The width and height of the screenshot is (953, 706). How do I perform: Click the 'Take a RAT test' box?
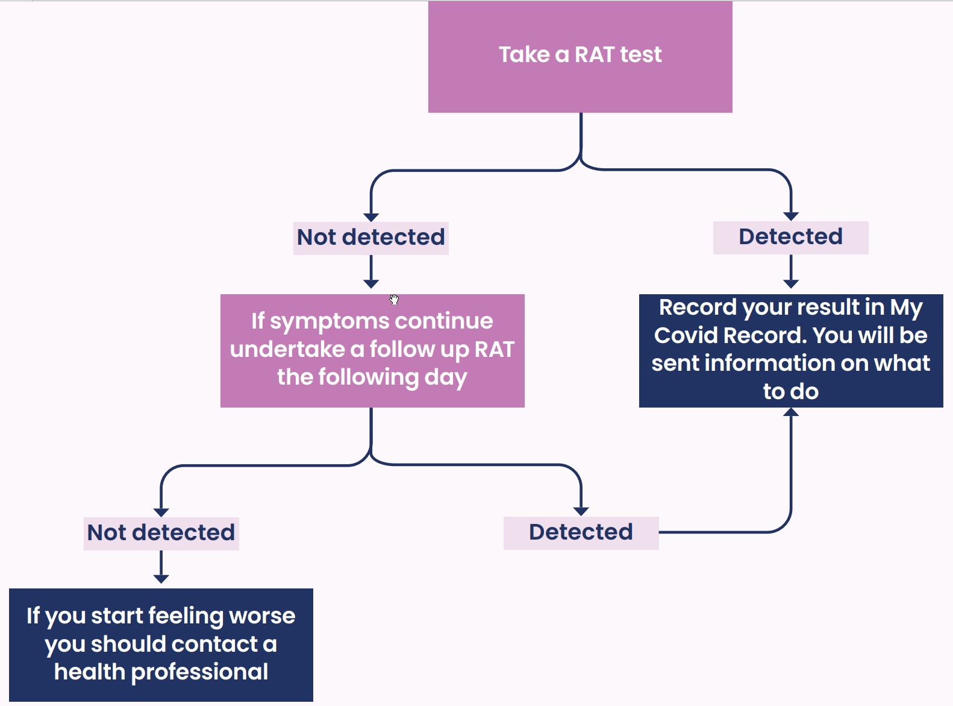(x=580, y=57)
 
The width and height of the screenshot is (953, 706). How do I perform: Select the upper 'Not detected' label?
(x=371, y=238)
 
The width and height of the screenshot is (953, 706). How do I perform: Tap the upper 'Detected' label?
(x=790, y=237)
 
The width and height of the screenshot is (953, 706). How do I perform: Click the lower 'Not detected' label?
(x=161, y=533)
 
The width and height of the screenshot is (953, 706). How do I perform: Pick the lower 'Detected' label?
(x=581, y=532)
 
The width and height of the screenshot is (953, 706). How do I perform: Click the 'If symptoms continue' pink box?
(x=372, y=350)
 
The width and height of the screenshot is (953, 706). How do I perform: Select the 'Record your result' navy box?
(x=790, y=350)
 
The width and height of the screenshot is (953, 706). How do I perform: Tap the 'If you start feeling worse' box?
(x=161, y=645)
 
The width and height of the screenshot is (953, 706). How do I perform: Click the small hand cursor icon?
(x=394, y=300)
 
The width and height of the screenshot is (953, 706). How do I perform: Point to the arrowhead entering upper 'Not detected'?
(x=371, y=217)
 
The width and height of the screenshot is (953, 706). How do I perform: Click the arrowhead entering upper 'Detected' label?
(x=791, y=216)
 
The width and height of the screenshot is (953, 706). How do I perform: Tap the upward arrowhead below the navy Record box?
(x=791, y=412)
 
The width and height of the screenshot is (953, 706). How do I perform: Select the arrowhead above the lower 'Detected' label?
(x=581, y=511)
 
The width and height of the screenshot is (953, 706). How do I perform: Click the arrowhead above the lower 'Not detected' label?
(x=161, y=512)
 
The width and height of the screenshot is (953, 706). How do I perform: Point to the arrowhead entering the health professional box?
(x=161, y=579)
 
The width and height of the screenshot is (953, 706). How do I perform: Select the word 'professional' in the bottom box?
(x=199, y=672)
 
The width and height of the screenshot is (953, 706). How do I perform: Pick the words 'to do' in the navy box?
(x=790, y=392)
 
